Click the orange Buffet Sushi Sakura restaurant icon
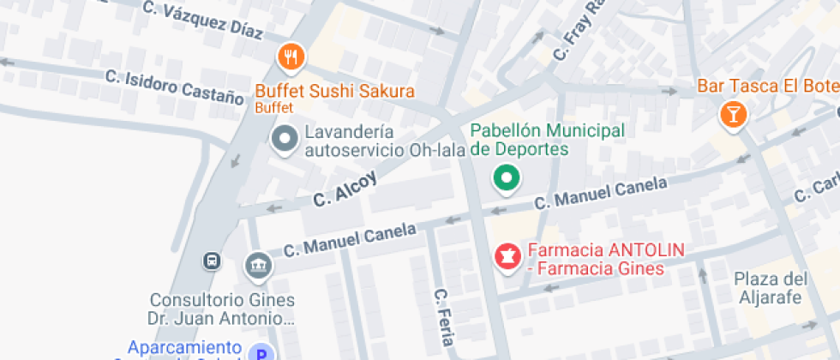pos(292,58)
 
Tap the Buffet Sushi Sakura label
pos(334,92)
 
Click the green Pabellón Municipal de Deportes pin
pos(507,178)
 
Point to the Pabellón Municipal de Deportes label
pos(545,140)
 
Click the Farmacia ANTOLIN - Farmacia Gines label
pos(605,259)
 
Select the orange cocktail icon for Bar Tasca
pos(733,112)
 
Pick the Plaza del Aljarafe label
pos(771,288)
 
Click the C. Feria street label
pos(443,315)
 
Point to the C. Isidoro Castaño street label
pos(175,86)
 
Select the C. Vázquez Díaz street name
pos(203,21)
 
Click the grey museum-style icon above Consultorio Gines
pos(257,266)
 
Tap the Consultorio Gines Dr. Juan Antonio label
pos(223,309)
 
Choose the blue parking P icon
pos(261,353)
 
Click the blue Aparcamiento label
pos(184,349)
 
